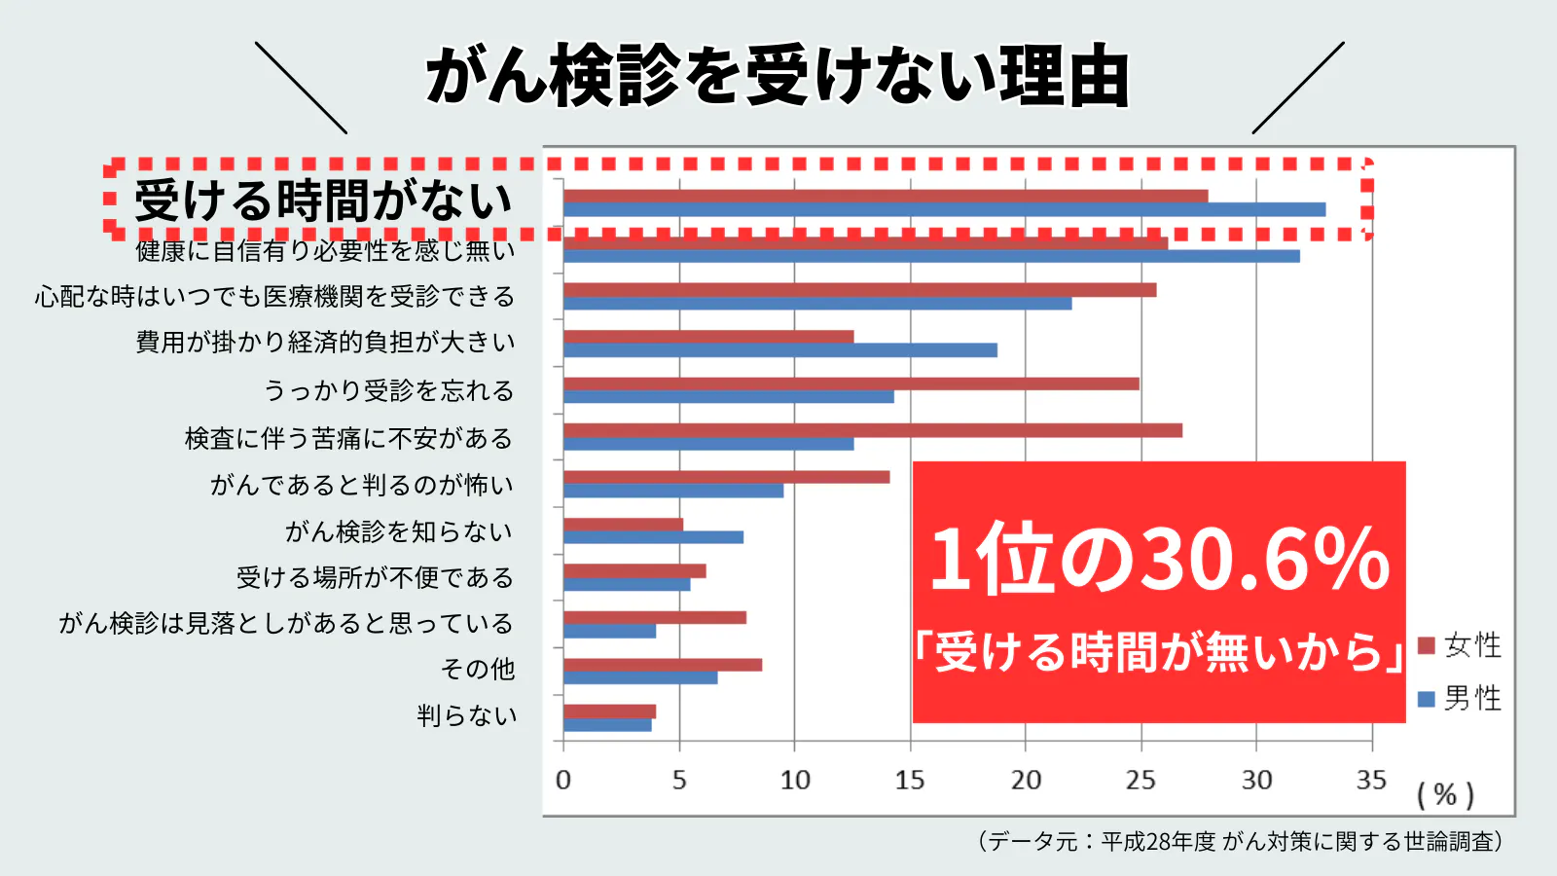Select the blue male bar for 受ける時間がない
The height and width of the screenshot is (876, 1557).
(x=944, y=209)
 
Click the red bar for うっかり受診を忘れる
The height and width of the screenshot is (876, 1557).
(x=851, y=383)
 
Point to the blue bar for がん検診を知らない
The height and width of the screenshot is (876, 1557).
(x=653, y=537)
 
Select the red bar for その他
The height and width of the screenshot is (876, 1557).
(x=663, y=665)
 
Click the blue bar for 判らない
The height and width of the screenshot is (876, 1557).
(x=607, y=725)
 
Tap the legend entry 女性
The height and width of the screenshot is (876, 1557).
(x=1461, y=645)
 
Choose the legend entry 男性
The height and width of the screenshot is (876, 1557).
(x=1461, y=698)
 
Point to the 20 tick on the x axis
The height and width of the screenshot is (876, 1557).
(x=1026, y=780)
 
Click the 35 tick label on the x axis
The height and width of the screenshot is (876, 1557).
(x=1371, y=780)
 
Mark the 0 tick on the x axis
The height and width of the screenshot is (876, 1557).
(x=563, y=780)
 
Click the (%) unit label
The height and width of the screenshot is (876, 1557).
(x=1445, y=795)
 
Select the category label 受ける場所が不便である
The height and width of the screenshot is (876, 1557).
(x=375, y=577)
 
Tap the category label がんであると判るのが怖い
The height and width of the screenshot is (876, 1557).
(x=361, y=485)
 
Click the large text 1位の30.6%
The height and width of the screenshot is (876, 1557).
(x=1159, y=559)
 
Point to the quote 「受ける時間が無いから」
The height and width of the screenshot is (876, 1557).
(x=1159, y=651)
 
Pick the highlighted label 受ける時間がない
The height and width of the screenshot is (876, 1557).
(x=323, y=201)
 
